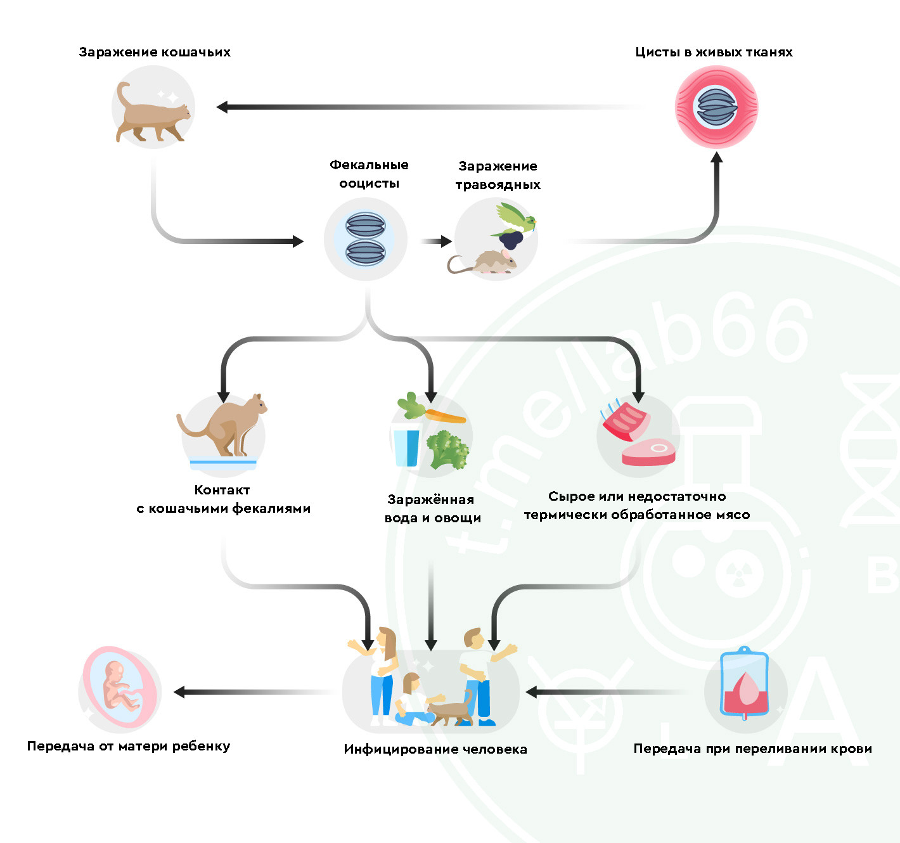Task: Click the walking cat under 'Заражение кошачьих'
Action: coord(153,114)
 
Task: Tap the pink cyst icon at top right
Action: coord(716,107)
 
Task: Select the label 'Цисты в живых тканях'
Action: coord(714,53)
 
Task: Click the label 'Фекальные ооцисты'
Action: coord(369,174)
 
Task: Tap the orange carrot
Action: coord(444,416)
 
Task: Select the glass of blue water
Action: coord(406,447)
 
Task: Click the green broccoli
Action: coord(447,449)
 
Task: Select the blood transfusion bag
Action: coord(745,685)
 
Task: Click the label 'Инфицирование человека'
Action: coord(435,749)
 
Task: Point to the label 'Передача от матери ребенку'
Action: coord(129,746)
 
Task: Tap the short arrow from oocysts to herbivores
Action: coord(435,241)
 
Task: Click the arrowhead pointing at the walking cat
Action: coord(222,107)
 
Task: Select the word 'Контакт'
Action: coord(222,490)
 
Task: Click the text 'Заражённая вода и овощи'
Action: coord(432,509)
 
